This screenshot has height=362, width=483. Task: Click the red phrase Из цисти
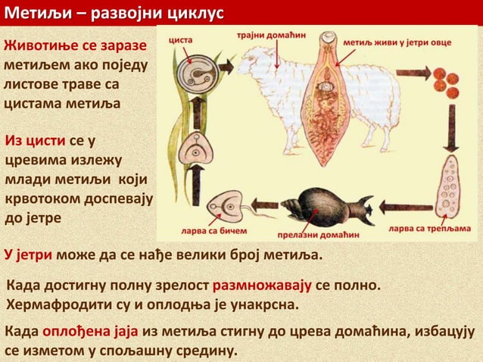point(35,142)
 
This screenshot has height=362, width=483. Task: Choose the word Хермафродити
point(57,306)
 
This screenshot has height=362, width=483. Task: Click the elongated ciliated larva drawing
point(453,186)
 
